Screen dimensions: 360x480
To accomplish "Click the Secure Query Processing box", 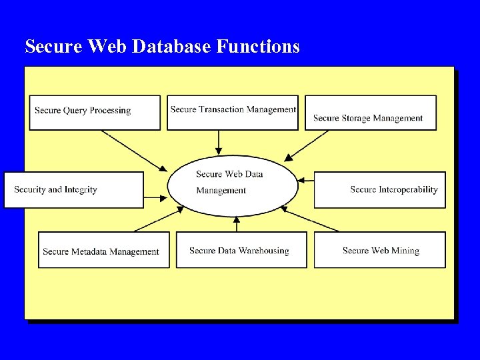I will pyautogui.click(x=95, y=112).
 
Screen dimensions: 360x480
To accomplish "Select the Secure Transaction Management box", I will pyautogui.click(x=233, y=111).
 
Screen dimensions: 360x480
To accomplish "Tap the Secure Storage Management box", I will pyautogui.click(x=371, y=112).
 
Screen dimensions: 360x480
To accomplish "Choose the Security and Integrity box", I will pyautogui.click(x=73, y=190).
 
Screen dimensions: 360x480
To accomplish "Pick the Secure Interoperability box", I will pyautogui.click(x=379, y=190).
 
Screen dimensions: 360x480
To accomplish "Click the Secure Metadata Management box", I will pyautogui.click(x=103, y=250).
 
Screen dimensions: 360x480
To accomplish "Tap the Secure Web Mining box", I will pyautogui.click(x=379, y=250).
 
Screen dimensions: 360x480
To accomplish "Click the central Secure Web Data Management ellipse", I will pyautogui.click(x=233, y=183).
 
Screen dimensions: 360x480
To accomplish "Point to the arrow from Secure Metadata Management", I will pyautogui.click(x=159, y=219).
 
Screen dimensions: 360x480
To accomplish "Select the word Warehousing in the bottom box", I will pyautogui.click(x=264, y=251).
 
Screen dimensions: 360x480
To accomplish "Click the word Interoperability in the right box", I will pyautogui.click(x=407, y=189).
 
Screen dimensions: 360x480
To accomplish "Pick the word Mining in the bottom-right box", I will pyautogui.click(x=405, y=251).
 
